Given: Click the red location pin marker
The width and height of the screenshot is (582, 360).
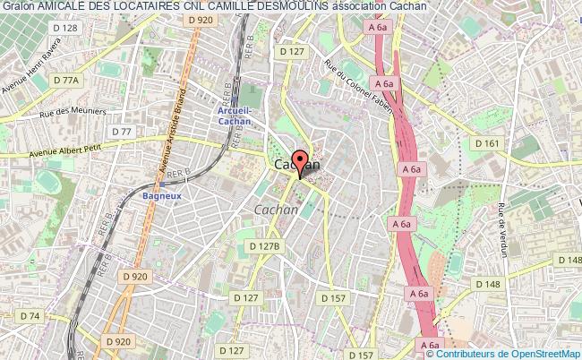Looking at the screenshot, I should tap(299, 165).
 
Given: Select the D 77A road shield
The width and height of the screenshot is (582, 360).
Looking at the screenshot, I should tap(66, 80).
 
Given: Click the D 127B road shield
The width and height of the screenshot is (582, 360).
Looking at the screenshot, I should tap(265, 245).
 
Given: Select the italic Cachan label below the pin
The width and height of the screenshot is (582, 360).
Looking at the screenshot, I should tap(277, 209).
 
